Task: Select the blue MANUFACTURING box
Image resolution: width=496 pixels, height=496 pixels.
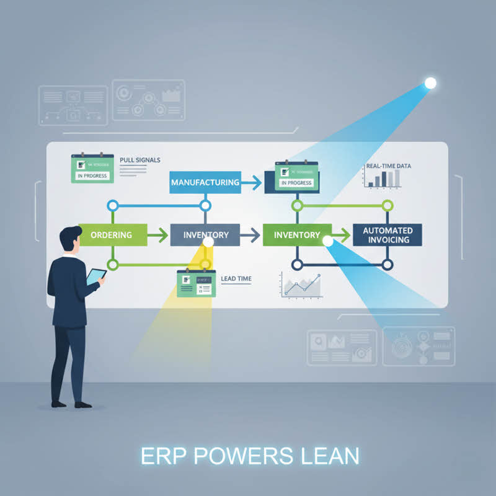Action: coord(205,182)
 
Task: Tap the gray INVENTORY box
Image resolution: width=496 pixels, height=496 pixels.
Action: coord(206,235)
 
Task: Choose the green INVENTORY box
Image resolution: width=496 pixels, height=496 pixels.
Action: coord(296,235)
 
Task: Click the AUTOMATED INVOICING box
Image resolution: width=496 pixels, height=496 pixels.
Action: coord(387,235)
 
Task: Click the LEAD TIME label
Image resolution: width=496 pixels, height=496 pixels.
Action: coord(236,279)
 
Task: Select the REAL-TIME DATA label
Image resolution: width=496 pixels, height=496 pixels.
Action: coord(387,166)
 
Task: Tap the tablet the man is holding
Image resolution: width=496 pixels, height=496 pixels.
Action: coord(95,276)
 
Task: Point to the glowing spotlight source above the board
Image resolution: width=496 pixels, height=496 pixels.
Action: coord(430,83)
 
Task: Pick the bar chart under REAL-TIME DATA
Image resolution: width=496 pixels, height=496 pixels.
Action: coord(382,179)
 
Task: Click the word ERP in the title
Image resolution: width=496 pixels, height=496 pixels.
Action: coord(163,456)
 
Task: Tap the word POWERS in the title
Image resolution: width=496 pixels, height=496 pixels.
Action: coord(244,456)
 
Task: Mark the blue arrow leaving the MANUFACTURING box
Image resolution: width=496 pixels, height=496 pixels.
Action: coord(251,182)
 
